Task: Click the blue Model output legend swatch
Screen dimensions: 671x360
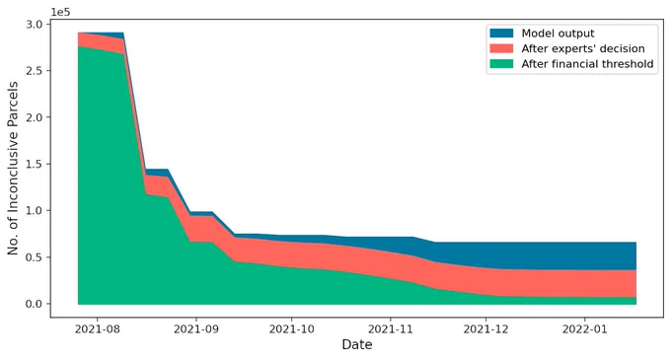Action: [x=501, y=33]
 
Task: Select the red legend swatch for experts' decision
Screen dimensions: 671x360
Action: [x=501, y=48]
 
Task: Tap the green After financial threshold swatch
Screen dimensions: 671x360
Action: [x=501, y=64]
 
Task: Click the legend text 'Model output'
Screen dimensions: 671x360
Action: [x=558, y=34]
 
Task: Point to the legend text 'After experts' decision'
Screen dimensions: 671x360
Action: [x=583, y=48]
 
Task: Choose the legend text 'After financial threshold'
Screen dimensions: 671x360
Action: [x=587, y=64]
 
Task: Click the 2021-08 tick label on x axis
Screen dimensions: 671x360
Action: [x=97, y=329]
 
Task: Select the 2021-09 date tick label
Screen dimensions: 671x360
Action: [x=196, y=329]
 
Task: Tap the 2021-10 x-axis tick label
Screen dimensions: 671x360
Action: [x=292, y=329]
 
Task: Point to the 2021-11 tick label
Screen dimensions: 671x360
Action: [x=391, y=329]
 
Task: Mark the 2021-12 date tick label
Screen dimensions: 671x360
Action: [x=486, y=329]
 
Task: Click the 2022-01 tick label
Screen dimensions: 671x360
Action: [x=585, y=329]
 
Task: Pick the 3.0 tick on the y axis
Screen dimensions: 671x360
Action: [x=35, y=25]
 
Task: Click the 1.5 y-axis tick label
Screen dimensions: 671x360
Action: [x=35, y=164]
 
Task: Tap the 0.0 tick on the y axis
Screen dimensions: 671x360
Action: [x=35, y=304]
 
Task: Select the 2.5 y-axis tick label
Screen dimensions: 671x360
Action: [x=35, y=71]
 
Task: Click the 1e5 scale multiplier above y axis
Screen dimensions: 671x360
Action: [x=60, y=12]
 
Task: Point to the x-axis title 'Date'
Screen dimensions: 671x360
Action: [x=357, y=344]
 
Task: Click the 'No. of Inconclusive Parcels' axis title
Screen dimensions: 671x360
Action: [x=13, y=169]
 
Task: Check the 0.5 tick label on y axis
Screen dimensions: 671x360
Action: [x=35, y=257]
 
